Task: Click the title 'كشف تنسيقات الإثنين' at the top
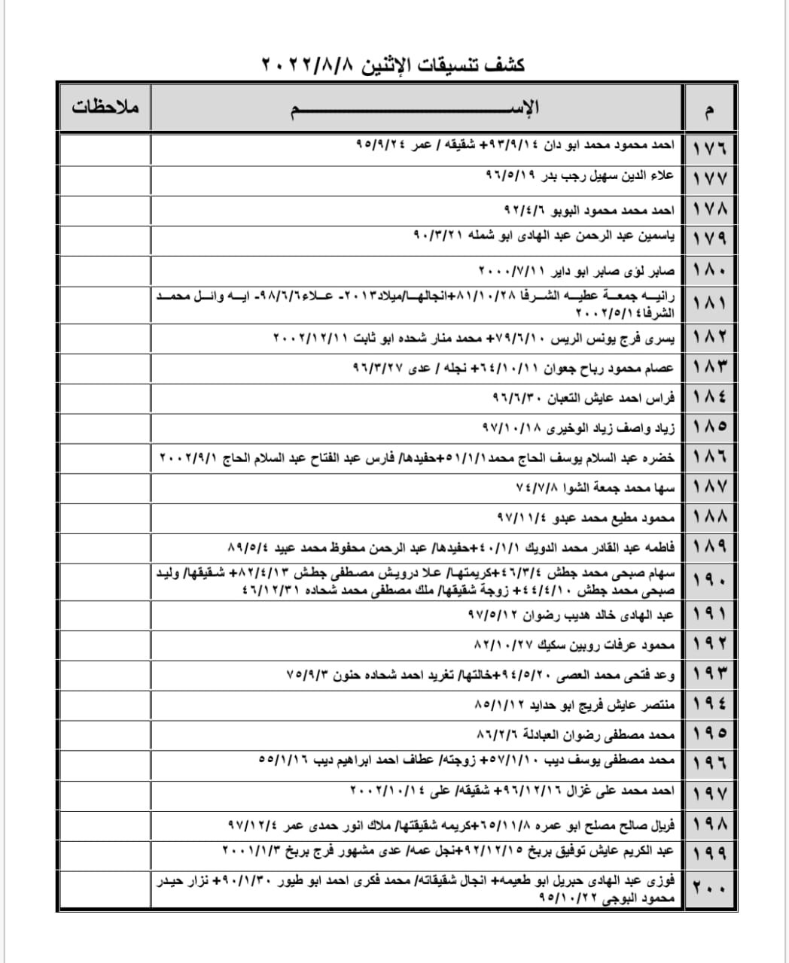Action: (394, 65)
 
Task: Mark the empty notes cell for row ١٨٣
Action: (105, 368)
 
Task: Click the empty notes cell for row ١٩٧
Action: (105, 792)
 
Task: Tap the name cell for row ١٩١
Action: (571, 615)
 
